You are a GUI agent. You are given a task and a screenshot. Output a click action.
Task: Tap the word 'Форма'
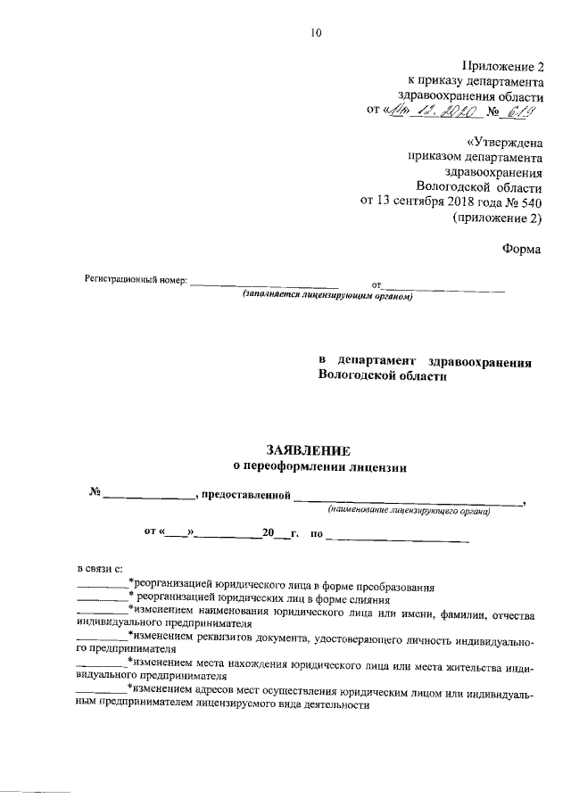coord(522,251)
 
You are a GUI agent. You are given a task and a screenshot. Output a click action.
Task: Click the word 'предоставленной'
coord(247,495)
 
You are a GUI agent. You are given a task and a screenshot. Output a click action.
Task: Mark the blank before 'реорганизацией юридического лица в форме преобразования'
coord(102,588)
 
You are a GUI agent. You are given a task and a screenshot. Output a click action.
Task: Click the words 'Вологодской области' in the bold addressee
coord(380,377)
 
